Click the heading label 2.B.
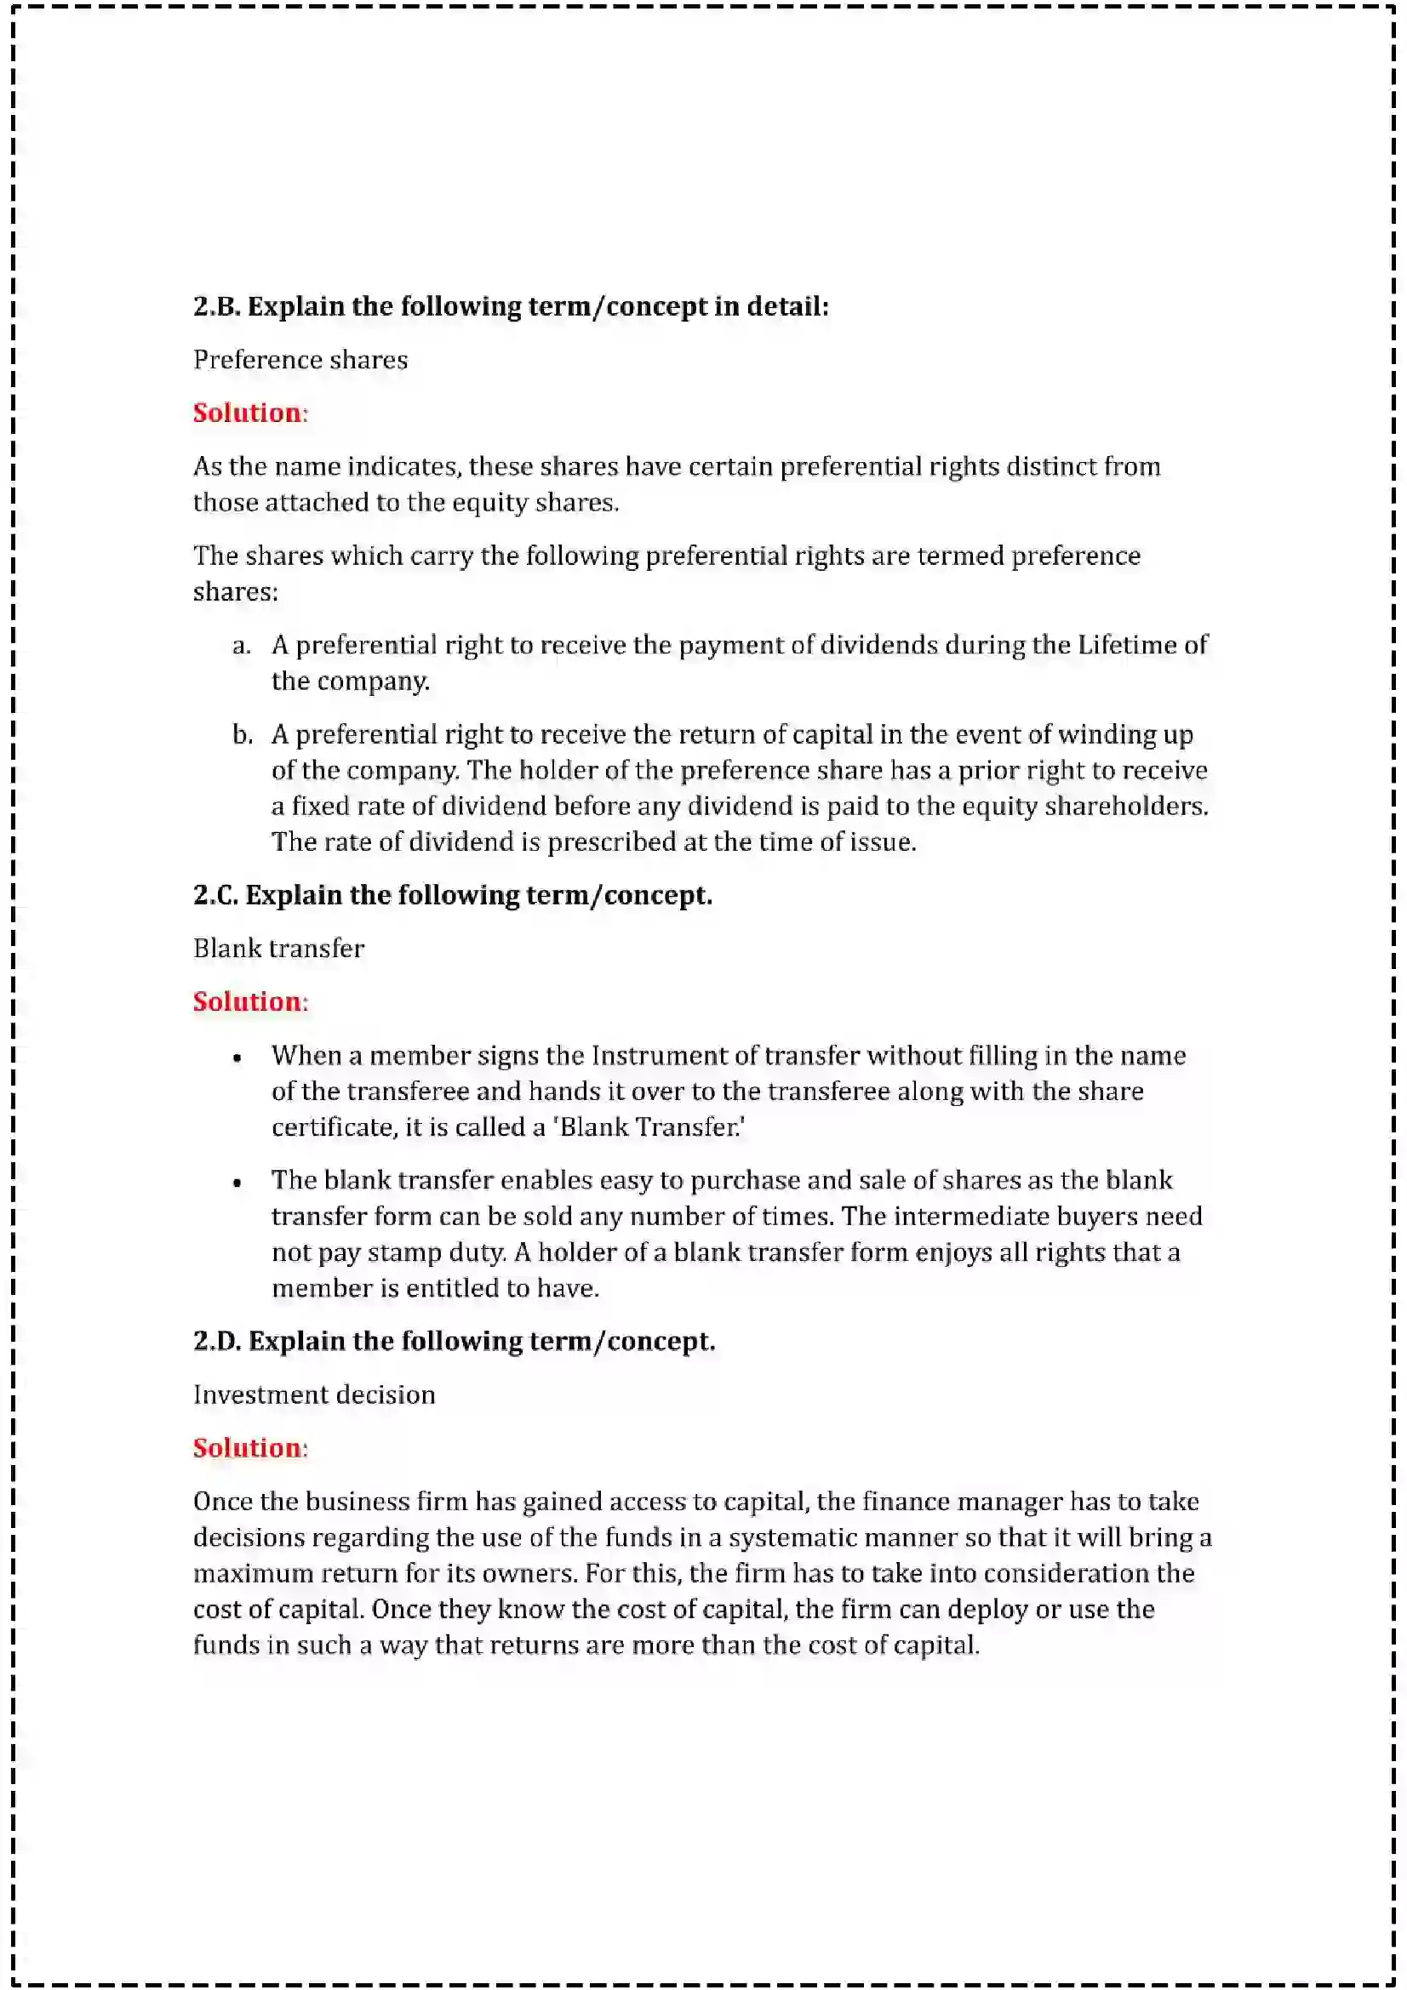coord(217,306)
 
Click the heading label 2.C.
coord(216,894)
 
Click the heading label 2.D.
coord(217,1341)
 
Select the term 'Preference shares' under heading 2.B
coord(300,360)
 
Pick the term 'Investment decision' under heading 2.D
coord(314,1394)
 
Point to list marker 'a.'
coord(242,645)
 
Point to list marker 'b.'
coord(243,735)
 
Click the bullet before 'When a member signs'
coord(237,1058)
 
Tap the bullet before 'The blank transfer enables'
coord(237,1183)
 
